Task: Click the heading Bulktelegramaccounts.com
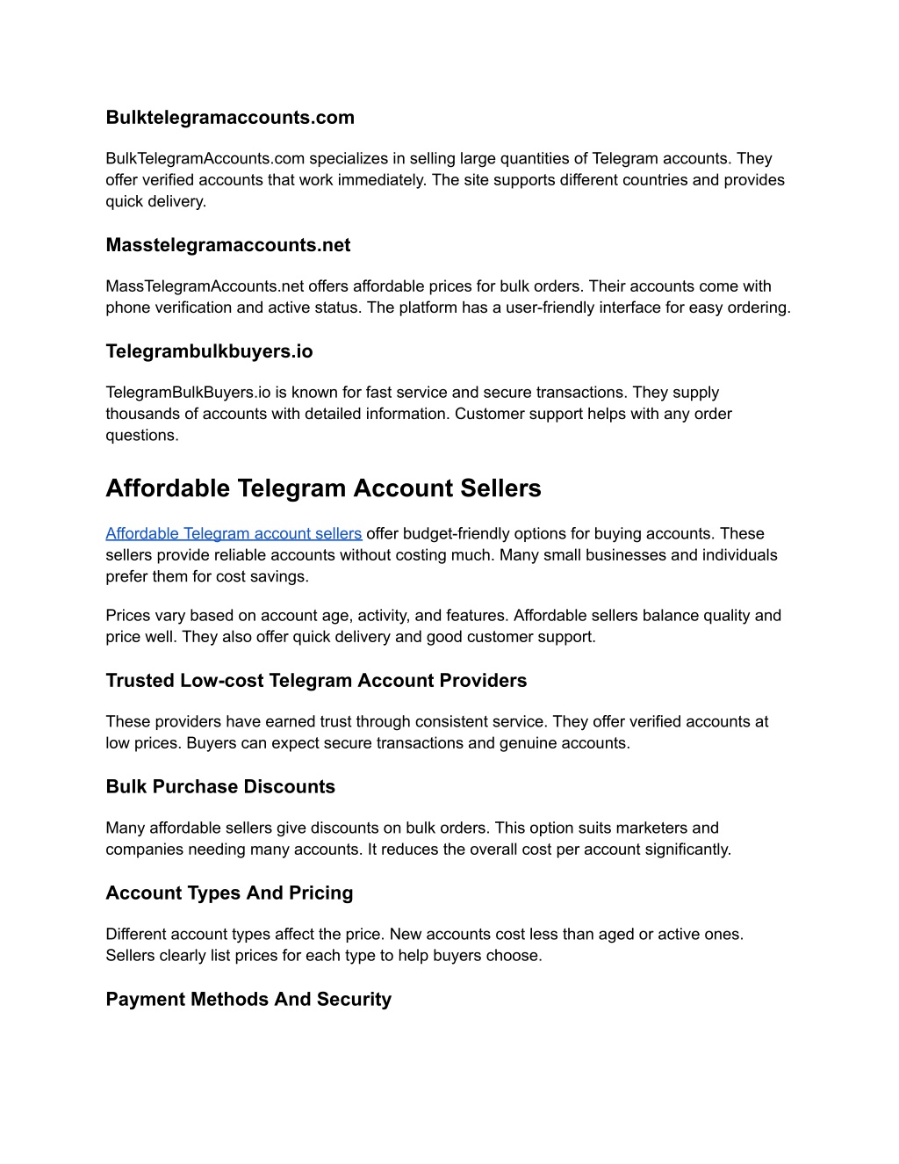230,118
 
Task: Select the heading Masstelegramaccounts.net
227,245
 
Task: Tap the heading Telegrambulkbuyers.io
209,351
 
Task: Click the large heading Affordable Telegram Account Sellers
323,488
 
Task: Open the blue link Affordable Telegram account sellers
234,533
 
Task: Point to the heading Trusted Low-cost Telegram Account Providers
316,681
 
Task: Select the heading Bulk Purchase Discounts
220,787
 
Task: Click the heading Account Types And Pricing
229,893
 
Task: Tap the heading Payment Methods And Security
248,1000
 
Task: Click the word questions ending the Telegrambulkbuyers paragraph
141,436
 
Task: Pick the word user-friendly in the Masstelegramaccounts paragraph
550,307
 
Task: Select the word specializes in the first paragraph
349,159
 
